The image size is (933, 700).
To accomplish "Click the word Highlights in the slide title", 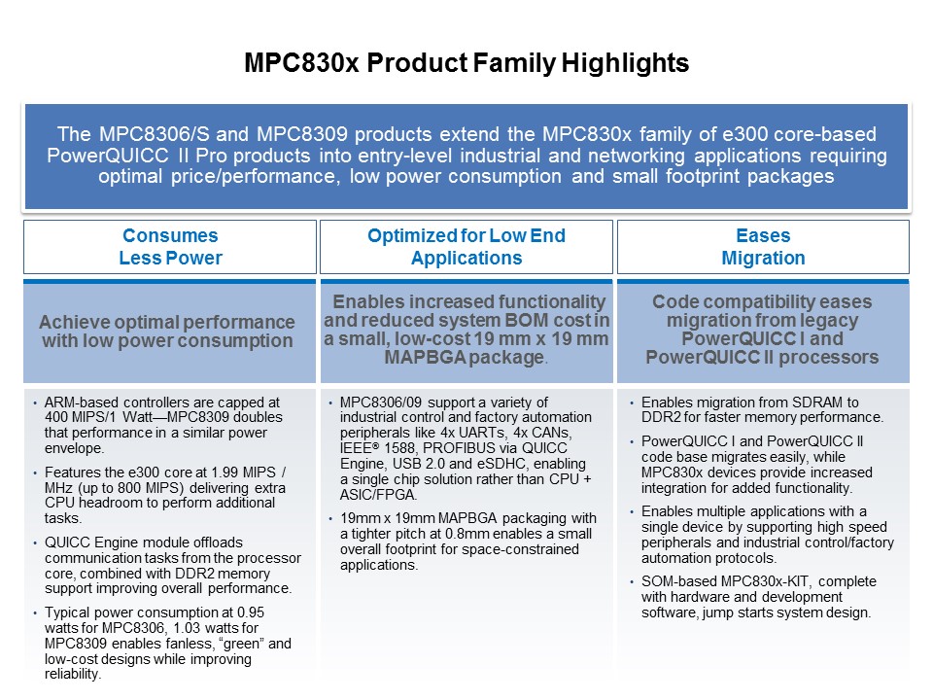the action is tap(625, 63).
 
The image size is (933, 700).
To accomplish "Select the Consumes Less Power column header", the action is tap(170, 247).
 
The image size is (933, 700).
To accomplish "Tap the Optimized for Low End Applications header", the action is tap(466, 247).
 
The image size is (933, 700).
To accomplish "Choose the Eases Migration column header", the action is tap(763, 247).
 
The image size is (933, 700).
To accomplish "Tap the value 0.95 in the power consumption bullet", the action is tap(251, 612).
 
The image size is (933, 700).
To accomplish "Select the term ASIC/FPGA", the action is tap(378, 495).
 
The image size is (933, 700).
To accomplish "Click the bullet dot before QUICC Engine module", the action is tap(36, 542).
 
